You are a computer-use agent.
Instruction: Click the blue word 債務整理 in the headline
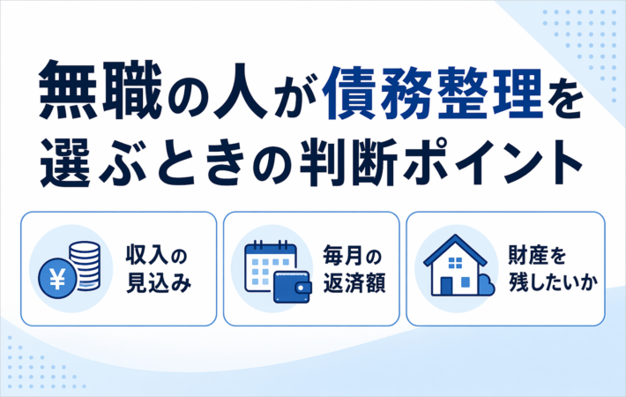pos(432,93)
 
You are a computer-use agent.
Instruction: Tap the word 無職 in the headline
pos(101,91)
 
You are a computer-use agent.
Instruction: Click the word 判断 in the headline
pos(348,162)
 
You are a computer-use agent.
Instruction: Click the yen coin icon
pos(57,279)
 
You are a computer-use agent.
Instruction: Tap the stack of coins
pos(85,266)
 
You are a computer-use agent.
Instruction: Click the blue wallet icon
pos(293,287)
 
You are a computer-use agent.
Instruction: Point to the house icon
pos(455,266)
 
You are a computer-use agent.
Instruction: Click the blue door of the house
pos(446,286)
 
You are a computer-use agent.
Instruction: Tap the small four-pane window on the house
pos(455,262)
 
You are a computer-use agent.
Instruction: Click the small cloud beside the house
pos(487,285)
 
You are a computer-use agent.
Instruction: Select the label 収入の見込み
pos(159,269)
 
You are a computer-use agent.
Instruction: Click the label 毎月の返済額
pos(354,269)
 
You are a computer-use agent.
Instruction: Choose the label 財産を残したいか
pos(553,269)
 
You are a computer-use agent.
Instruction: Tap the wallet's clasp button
pos(306,288)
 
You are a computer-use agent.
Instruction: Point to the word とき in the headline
pos(199,163)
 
